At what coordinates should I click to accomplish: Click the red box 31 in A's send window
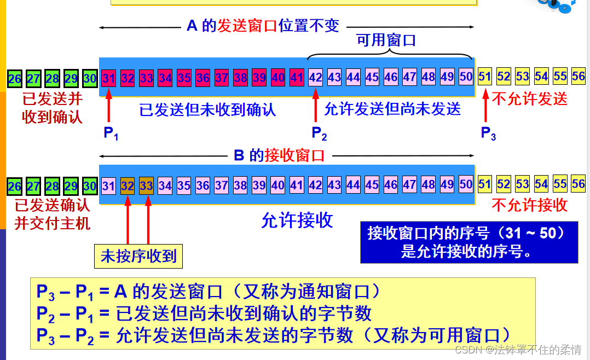point(108,78)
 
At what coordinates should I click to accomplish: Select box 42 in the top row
point(316,77)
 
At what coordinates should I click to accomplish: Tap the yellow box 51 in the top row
point(485,77)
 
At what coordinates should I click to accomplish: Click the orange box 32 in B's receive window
point(128,185)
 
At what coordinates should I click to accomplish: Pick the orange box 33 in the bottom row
point(146,185)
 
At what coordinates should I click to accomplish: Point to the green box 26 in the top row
point(15,78)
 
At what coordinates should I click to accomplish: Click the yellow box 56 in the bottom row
point(578,184)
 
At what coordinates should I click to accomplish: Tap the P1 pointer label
point(111,133)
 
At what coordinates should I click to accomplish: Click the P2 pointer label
point(319,133)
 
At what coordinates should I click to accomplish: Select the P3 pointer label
point(488,133)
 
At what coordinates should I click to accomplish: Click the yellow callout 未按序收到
point(138,256)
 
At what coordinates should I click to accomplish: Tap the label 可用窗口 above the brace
point(386,40)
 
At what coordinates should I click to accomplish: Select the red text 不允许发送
point(530,98)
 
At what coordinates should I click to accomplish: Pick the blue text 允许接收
point(297,220)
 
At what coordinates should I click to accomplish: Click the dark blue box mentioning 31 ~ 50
point(469,242)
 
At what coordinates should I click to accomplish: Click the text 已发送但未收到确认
point(208,109)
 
